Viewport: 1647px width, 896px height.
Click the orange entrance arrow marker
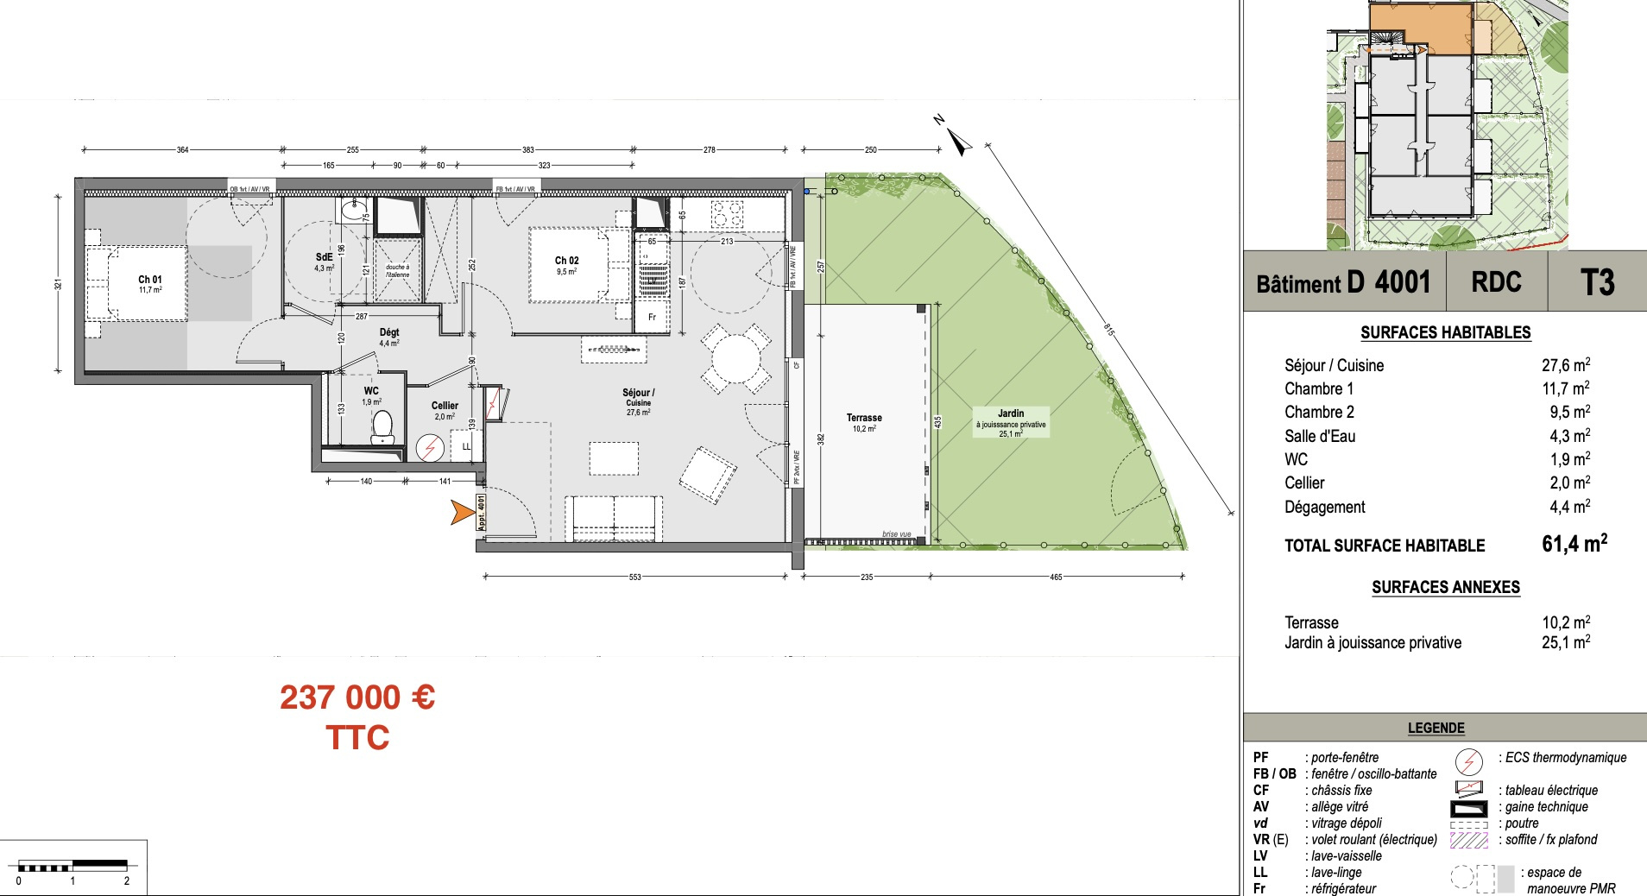[463, 513]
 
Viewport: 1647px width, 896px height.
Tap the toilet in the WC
[382, 426]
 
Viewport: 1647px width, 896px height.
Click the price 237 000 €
[357, 697]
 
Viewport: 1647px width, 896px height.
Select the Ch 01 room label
[150, 280]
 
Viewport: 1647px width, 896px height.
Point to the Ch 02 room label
[566, 261]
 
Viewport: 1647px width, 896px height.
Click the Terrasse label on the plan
[864, 418]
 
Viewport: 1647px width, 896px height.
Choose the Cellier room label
[445, 406]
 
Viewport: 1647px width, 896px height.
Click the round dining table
[735, 359]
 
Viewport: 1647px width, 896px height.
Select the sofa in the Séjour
[615, 518]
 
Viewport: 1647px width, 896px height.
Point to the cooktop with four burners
[727, 212]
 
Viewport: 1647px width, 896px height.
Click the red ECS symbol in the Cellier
[429, 448]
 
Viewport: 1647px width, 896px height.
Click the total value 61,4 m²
[1574, 544]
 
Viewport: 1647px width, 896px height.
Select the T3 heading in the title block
[1597, 282]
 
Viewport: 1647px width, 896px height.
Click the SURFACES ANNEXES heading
[1446, 588]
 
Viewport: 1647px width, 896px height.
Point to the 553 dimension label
[635, 577]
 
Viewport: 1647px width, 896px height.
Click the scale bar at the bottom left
[73, 865]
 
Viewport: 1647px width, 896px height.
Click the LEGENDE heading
[1436, 729]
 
